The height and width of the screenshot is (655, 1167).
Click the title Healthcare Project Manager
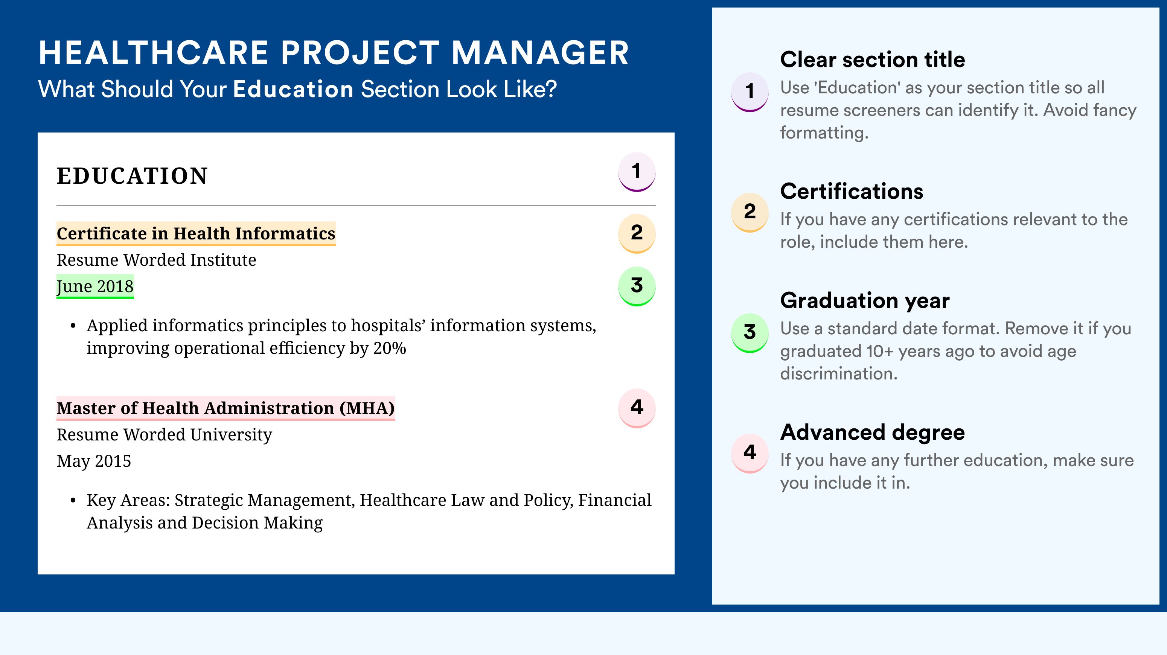(x=334, y=53)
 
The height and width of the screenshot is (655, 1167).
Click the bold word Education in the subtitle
(x=293, y=89)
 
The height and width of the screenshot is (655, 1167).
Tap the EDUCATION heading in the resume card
(x=132, y=176)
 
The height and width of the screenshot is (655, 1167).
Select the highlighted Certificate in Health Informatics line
(x=196, y=233)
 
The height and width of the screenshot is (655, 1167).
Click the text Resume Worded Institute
(x=156, y=260)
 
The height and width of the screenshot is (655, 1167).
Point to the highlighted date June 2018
(x=95, y=286)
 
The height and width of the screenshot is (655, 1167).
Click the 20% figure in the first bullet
(x=390, y=348)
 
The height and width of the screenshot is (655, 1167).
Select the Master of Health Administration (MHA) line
(x=225, y=408)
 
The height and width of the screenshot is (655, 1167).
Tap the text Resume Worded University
(x=165, y=434)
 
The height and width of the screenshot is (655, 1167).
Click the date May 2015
(x=94, y=461)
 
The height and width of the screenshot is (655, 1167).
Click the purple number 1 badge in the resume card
(x=637, y=172)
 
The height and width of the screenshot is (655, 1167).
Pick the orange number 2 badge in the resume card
(x=637, y=233)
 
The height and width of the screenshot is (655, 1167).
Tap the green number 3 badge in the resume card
(x=637, y=286)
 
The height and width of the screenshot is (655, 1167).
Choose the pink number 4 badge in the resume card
(x=637, y=408)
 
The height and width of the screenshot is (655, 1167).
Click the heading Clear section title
(x=873, y=59)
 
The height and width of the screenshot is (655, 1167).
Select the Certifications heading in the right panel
(x=852, y=191)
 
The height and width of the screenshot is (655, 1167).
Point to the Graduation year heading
(x=865, y=300)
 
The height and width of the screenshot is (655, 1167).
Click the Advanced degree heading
(x=873, y=432)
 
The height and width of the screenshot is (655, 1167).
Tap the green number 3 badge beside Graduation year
(x=750, y=332)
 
